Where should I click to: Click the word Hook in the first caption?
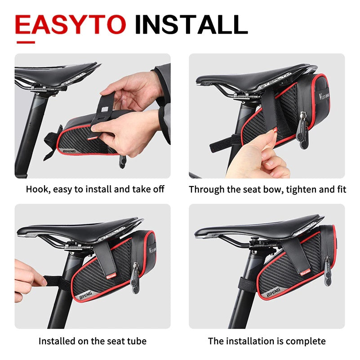(36, 189)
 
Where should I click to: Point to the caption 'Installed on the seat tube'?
(93, 341)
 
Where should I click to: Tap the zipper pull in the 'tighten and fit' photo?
(304, 135)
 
